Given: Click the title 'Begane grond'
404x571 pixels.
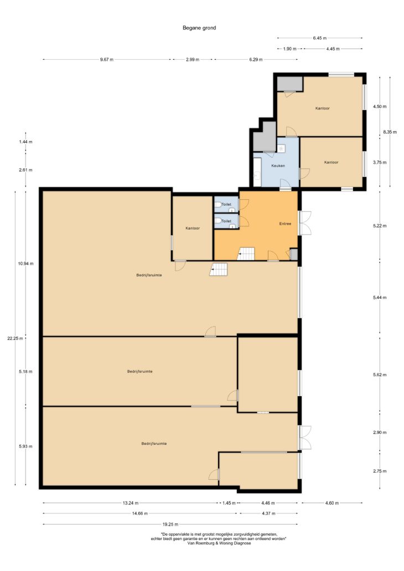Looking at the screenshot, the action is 199,28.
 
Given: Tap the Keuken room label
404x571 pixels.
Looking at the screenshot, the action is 278,165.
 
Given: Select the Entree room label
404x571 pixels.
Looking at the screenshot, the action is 285,224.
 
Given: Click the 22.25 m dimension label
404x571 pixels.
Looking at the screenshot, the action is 15,338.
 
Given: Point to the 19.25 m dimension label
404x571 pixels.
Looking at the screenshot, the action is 170,525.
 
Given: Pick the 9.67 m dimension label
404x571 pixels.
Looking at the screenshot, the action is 107,60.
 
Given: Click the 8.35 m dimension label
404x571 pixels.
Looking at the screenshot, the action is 390,132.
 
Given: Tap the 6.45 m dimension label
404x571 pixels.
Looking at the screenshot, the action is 319,38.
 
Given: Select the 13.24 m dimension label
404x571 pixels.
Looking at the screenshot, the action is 131,503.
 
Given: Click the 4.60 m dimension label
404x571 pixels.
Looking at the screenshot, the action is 332,503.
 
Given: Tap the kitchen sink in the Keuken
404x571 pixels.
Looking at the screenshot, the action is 281,148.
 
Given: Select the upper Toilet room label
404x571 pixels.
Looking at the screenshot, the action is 226,204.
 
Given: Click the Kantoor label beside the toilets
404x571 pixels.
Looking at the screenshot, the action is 193,229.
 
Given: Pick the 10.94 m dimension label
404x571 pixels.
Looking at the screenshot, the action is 25,263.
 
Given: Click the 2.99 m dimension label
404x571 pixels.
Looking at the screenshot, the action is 193,60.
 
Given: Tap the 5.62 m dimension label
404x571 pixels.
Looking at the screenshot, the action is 380,375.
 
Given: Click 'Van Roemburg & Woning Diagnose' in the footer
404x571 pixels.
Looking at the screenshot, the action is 219,543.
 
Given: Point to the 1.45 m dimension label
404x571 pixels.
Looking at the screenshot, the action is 229,503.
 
